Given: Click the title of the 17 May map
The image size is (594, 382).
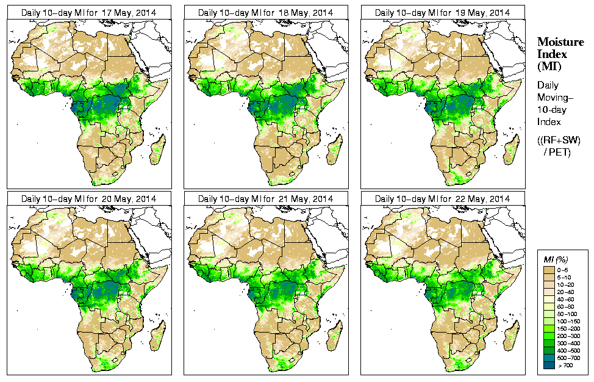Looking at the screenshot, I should coord(89,13).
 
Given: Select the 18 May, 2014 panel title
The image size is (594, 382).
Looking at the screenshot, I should coord(266,13).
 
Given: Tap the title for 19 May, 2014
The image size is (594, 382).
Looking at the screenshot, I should coord(443,13).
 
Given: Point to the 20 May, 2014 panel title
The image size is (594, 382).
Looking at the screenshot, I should coord(89,199).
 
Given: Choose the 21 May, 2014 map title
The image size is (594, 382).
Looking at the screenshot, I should coord(266,199).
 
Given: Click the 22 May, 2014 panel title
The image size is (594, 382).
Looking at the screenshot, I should coord(443,199).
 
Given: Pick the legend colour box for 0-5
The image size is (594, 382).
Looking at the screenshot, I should coord(548,269).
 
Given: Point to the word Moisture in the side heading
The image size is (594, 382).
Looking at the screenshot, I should coord(560,41).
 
